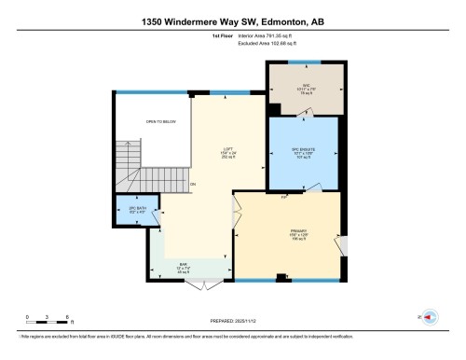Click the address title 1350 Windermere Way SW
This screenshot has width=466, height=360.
(x=233, y=21)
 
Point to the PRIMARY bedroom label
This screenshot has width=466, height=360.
(x=297, y=233)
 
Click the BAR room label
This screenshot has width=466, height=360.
(x=183, y=265)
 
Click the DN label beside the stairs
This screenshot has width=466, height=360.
(x=193, y=184)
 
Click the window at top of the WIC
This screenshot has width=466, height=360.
(x=304, y=62)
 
